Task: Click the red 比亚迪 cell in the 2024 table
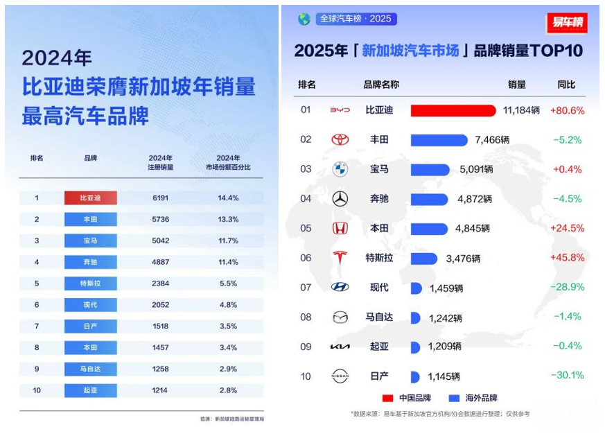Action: pyautogui.click(x=91, y=198)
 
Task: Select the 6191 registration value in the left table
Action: pyautogui.click(x=160, y=198)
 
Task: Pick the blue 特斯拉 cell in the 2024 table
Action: pyautogui.click(x=91, y=284)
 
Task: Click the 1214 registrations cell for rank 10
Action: pyautogui.click(x=160, y=390)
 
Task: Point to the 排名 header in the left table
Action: pyautogui.click(x=37, y=158)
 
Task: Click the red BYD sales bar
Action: pyautogui.click(x=453, y=110)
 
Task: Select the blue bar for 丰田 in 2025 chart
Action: pyautogui.click(x=439, y=140)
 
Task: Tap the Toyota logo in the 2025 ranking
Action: pyautogui.click(x=340, y=140)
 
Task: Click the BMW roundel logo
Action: pyautogui.click(x=340, y=169)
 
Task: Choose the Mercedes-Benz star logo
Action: pyautogui.click(x=340, y=199)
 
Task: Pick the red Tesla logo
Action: pyautogui.click(x=340, y=258)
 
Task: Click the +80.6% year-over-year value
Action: pyautogui.click(x=568, y=111)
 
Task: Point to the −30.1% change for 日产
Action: pyautogui.click(x=568, y=376)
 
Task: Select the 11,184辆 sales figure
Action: pyautogui.click(x=521, y=111)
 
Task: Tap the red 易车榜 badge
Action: pyautogui.click(x=567, y=23)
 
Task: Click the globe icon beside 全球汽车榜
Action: pyautogui.click(x=304, y=19)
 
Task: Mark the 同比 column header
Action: pyautogui.click(x=566, y=85)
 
